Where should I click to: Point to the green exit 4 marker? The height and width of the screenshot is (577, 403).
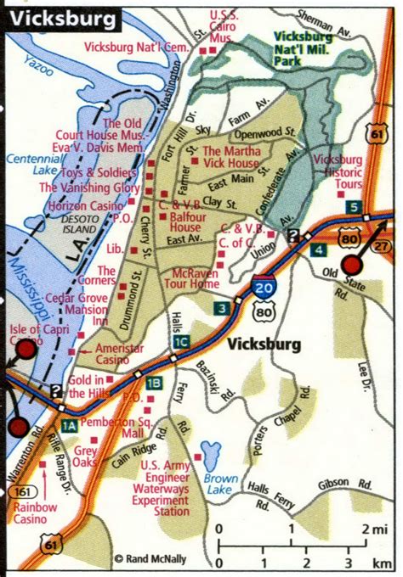click(317, 249)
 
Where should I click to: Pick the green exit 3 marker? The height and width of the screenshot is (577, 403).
click(221, 307)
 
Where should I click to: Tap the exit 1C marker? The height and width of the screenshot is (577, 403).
click(180, 342)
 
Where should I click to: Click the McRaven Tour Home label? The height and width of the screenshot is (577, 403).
click(194, 279)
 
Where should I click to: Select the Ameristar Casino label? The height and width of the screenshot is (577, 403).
click(117, 354)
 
